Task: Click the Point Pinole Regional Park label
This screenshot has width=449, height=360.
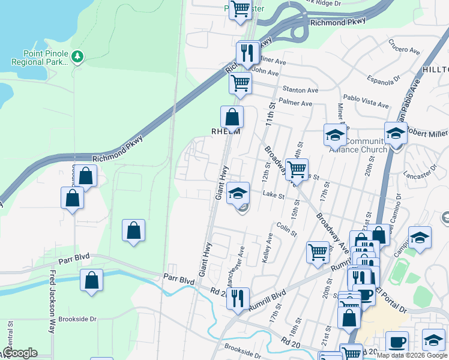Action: pos(37,56)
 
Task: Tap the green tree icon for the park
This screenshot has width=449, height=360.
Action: pos(77,56)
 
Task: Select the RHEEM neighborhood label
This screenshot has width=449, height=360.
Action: pos(226,131)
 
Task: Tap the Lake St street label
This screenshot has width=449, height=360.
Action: pos(273,195)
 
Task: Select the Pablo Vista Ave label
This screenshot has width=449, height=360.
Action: pos(366,101)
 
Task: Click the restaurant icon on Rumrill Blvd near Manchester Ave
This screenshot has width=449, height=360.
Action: pos(238,297)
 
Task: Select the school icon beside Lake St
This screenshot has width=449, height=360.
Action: pos(238,193)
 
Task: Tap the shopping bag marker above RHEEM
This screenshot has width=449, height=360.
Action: pos(232,116)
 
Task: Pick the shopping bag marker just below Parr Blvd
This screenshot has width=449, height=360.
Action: pos(91,280)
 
